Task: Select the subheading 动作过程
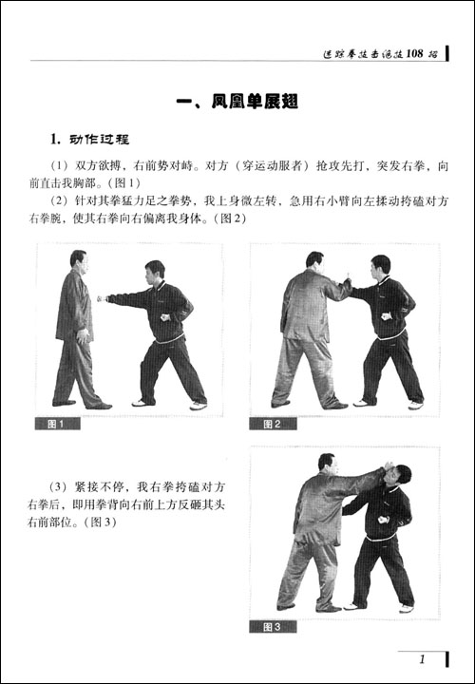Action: pyautogui.click(x=99, y=140)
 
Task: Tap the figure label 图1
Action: pyautogui.click(x=58, y=424)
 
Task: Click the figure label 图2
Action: pyautogui.click(x=273, y=424)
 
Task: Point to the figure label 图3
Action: pyautogui.click(x=273, y=627)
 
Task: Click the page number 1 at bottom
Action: pyautogui.click(x=422, y=659)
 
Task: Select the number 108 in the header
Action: pyautogui.click(x=414, y=53)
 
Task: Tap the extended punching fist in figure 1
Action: pyautogui.click(x=102, y=299)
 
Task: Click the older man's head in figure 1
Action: pyautogui.click(x=79, y=261)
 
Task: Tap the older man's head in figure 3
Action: pyautogui.click(x=327, y=465)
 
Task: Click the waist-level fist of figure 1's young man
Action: pyautogui.click(x=165, y=317)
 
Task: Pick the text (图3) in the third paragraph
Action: pyautogui.click(x=101, y=522)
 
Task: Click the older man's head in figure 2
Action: pyautogui.click(x=314, y=262)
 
